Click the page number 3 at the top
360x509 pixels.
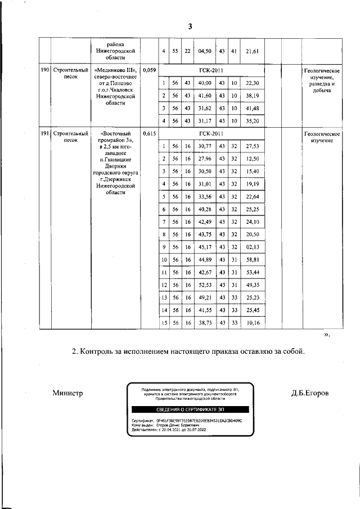190,26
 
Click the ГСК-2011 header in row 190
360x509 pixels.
211,70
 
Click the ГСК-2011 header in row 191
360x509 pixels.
211,134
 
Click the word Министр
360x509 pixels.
67,393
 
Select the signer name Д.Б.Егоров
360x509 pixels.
310,393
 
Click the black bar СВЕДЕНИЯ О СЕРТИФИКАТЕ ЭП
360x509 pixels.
191,409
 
